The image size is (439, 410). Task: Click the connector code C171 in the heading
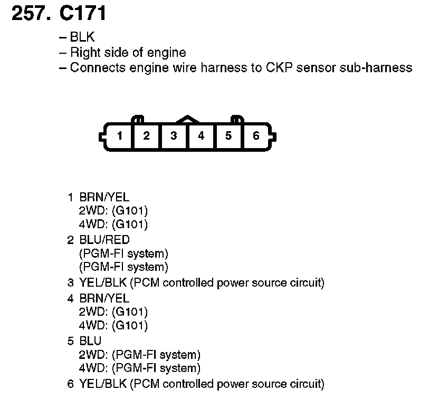pyautogui.click(x=83, y=14)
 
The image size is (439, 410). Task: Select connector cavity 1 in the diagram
pyautogui.click(x=120, y=136)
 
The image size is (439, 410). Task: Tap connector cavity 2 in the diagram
pyautogui.click(x=147, y=136)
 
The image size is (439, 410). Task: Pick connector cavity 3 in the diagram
pyautogui.click(x=174, y=136)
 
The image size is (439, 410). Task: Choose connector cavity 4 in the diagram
pyautogui.click(x=201, y=136)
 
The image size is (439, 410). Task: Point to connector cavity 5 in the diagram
pyautogui.click(x=228, y=136)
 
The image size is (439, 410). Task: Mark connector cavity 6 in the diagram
pyautogui.click(x=256, y=136)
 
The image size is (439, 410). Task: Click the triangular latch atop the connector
pyautogui.click(x=187, y=120)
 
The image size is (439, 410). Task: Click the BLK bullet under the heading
pyautogui.click(x=82, y=37)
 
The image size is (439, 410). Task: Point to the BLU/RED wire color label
pyautogui.click(x=104, y=240)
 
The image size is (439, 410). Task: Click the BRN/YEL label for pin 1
pyautogui.click(x=104, y=197)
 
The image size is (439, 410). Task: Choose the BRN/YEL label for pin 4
pyautogui.click(x=104, y=298)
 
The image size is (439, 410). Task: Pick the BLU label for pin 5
pyautogui.click(x=90, y=341)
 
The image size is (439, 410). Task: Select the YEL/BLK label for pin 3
pyautogui.click(x=103, y=283)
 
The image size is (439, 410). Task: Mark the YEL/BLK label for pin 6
pyautogui.click(x=103, y=384)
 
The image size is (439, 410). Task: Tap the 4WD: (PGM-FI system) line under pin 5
pyautogui.click(x=139, y=368)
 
